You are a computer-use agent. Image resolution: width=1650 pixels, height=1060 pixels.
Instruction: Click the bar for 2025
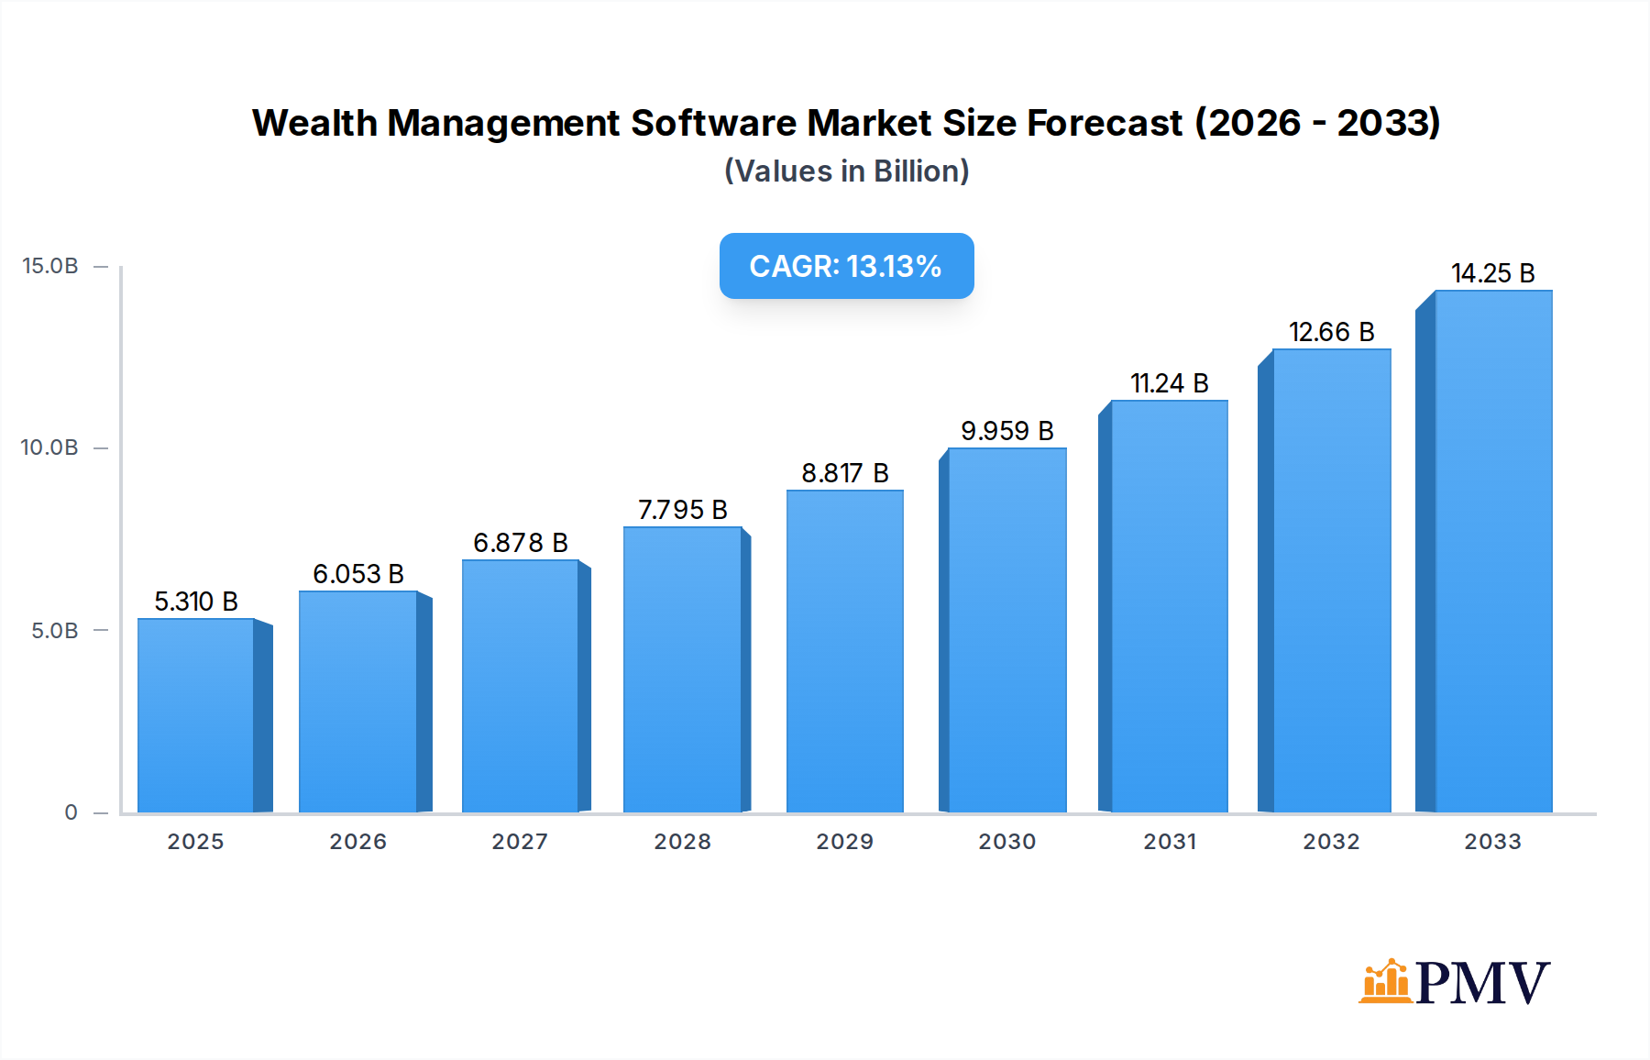[196, 715]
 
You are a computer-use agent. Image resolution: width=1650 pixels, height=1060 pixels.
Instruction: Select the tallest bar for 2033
[1492, 550]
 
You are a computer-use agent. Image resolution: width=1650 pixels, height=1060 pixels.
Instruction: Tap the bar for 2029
[844, 651]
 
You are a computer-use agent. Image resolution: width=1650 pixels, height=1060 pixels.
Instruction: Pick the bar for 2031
[1169, 605]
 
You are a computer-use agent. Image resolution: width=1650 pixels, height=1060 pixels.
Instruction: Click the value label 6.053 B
[358, 574]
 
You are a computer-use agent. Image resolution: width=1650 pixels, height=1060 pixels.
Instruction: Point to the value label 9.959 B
[1006, 431]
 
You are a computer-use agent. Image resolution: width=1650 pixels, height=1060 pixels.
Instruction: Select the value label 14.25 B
[1492, 273]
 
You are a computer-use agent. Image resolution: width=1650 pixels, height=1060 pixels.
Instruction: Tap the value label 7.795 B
[683, 510]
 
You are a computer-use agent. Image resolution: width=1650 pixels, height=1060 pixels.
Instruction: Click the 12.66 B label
[1331, 332]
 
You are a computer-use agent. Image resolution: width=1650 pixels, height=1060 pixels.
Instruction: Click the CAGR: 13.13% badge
[846, 266]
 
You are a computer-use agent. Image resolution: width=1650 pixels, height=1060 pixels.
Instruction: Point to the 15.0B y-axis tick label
[50, 266]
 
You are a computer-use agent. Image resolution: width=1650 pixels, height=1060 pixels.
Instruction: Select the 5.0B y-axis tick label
[55, 631]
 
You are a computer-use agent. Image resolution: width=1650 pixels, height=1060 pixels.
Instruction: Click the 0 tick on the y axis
[71, 812]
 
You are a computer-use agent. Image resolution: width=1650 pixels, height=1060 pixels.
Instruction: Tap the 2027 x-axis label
[520, 842]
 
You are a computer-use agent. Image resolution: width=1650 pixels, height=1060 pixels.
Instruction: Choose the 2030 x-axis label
[1006, 842]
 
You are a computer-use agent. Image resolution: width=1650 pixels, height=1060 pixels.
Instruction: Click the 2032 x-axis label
[1331, 842]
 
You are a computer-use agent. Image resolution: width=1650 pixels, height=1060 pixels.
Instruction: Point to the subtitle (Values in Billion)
[846, 171]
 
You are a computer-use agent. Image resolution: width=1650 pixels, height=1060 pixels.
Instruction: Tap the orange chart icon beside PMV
[1385, 981]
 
